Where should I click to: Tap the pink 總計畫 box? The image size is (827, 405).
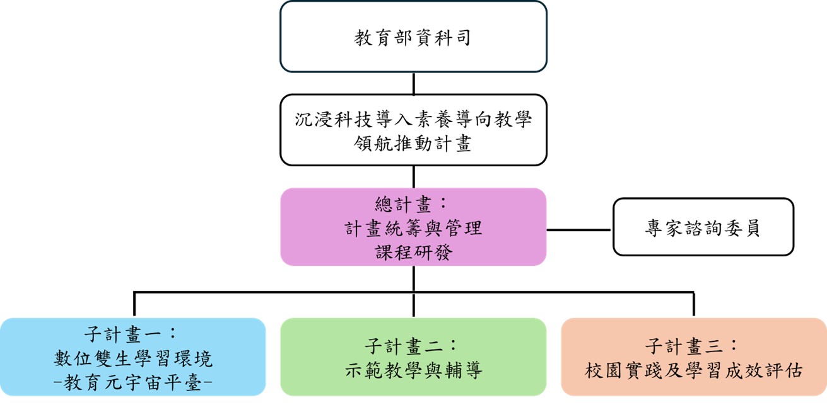pos(413,227)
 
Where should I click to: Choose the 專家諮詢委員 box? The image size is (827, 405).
pos(703,227)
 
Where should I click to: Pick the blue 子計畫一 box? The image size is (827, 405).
pos(132,357)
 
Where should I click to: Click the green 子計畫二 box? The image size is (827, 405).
pos(413,357)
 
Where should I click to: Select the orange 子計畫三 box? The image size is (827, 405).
pos(693,357)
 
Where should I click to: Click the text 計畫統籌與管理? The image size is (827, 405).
pos(413,227)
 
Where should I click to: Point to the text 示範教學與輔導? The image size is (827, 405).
pos(413,370)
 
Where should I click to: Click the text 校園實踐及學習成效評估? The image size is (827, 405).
pos(693,370)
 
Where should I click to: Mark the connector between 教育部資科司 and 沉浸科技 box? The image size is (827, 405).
pos(413,83)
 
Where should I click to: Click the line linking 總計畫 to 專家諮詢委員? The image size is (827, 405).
pos(579,230)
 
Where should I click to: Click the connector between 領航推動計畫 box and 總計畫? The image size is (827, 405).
pos(413,177)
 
